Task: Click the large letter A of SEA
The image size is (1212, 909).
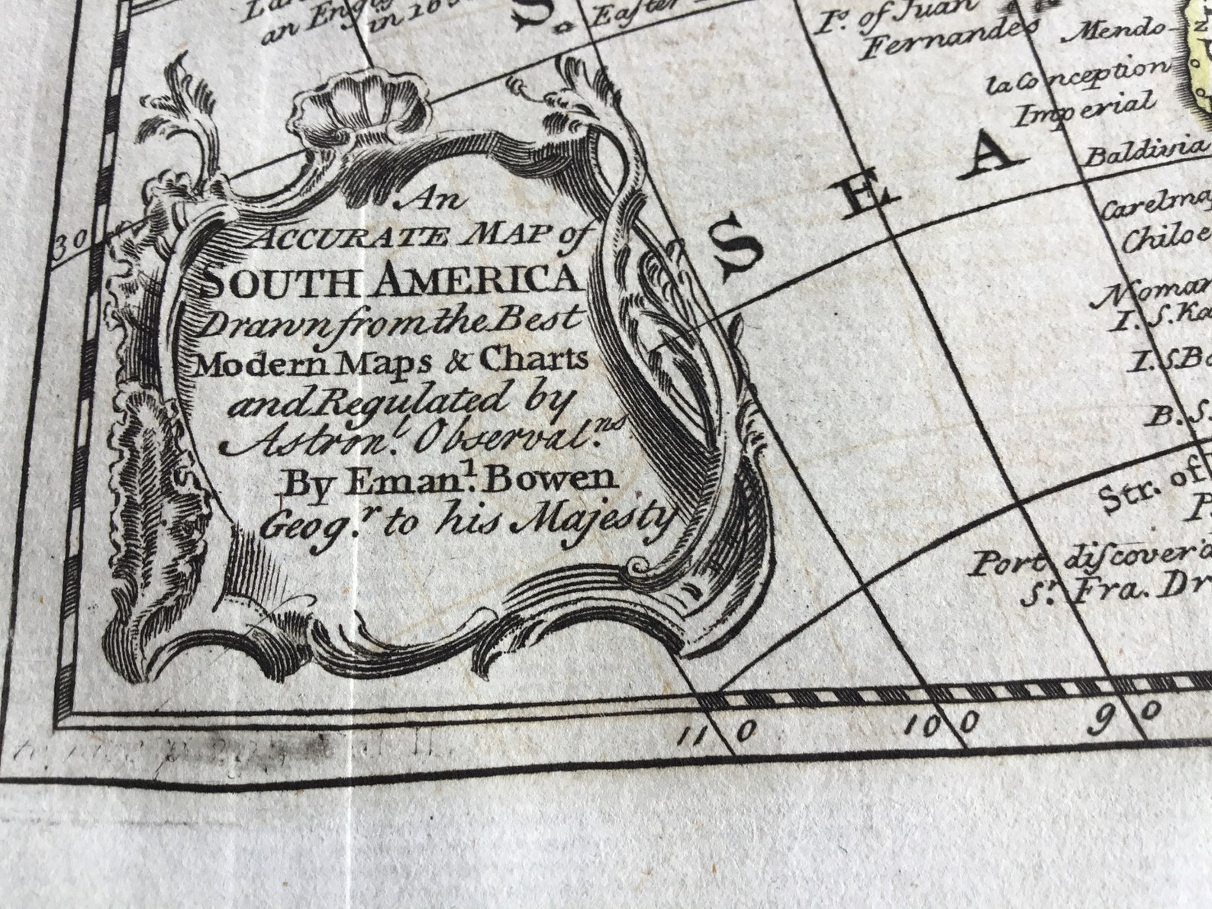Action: [x=994, y=157]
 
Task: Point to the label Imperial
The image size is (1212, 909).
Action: [x=1082, y=111]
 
